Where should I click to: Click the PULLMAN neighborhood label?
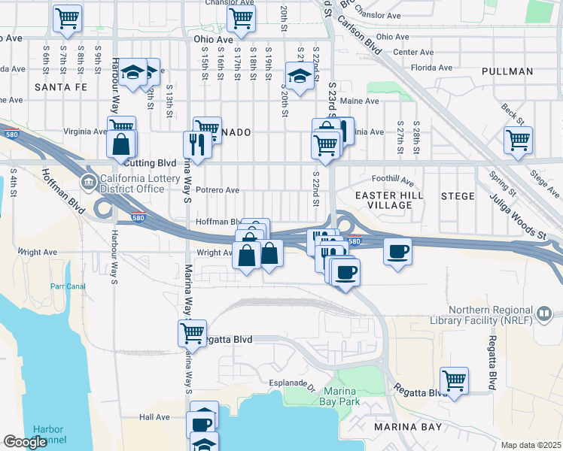click(510, 71)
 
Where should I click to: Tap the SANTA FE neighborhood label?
click(61, 87)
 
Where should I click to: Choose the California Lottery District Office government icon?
click(89, 182)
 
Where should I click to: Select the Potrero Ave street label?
click(217, 190)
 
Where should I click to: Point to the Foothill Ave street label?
click(394, 180)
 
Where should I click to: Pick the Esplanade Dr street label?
click(291, 383)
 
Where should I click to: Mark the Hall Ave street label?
click(155, 416)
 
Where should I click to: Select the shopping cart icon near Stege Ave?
click(519, 139)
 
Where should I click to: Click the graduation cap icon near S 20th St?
click(300, 75)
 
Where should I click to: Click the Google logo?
click(25, 442)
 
